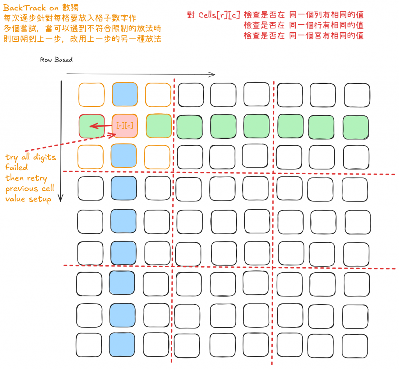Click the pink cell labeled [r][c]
(x=125, y=126)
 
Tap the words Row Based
(x=56, y=60)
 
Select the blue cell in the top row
(x=125, y=94)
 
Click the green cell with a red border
(x=92, y=126)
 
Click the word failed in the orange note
(x=16, y=168)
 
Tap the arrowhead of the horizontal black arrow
(x=213, y=74)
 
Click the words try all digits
(x=31, y=157)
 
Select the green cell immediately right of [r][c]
(x=159, y=126)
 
